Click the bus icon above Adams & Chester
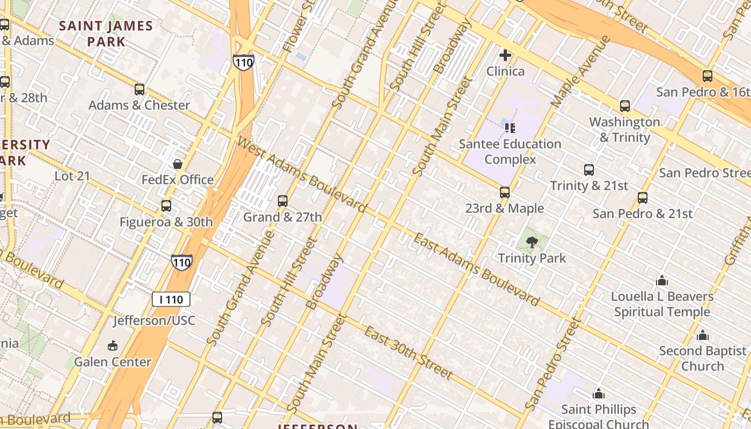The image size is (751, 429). (x=139, y=90)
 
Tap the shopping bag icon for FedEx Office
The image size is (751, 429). (x=178, y=164)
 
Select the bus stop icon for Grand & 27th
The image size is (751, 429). (x=283, y=201)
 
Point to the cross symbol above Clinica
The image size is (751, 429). (x=505, y=55)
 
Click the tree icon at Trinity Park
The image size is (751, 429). (x=532, y=242)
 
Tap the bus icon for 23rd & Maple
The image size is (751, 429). (x=504, y=193)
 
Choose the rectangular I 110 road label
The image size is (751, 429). (x=171, y=299)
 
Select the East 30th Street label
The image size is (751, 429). (x=409, y=352)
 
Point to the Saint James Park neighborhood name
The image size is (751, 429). (x=106, y=33)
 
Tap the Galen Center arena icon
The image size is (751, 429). (x=113, y=346)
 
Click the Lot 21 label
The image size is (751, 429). (x=72, y=176)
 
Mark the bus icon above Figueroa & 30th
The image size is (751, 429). (x=166, y=206)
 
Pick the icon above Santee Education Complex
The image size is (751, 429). (x=510, y=128)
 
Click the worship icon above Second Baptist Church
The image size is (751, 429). (x=703, y=336)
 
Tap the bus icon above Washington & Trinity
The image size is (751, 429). (x=625, y=106)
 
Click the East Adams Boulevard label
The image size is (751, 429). (x=476, y=270)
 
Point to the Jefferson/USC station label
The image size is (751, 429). (x=154, y=321)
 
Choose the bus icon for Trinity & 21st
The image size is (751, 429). (x=589, y=170)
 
